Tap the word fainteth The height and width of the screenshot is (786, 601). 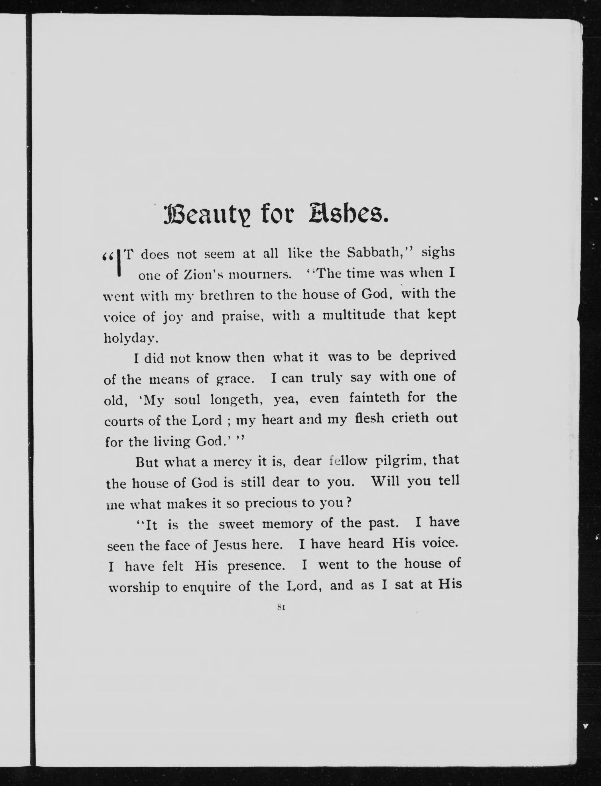(x=374, y=398)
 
